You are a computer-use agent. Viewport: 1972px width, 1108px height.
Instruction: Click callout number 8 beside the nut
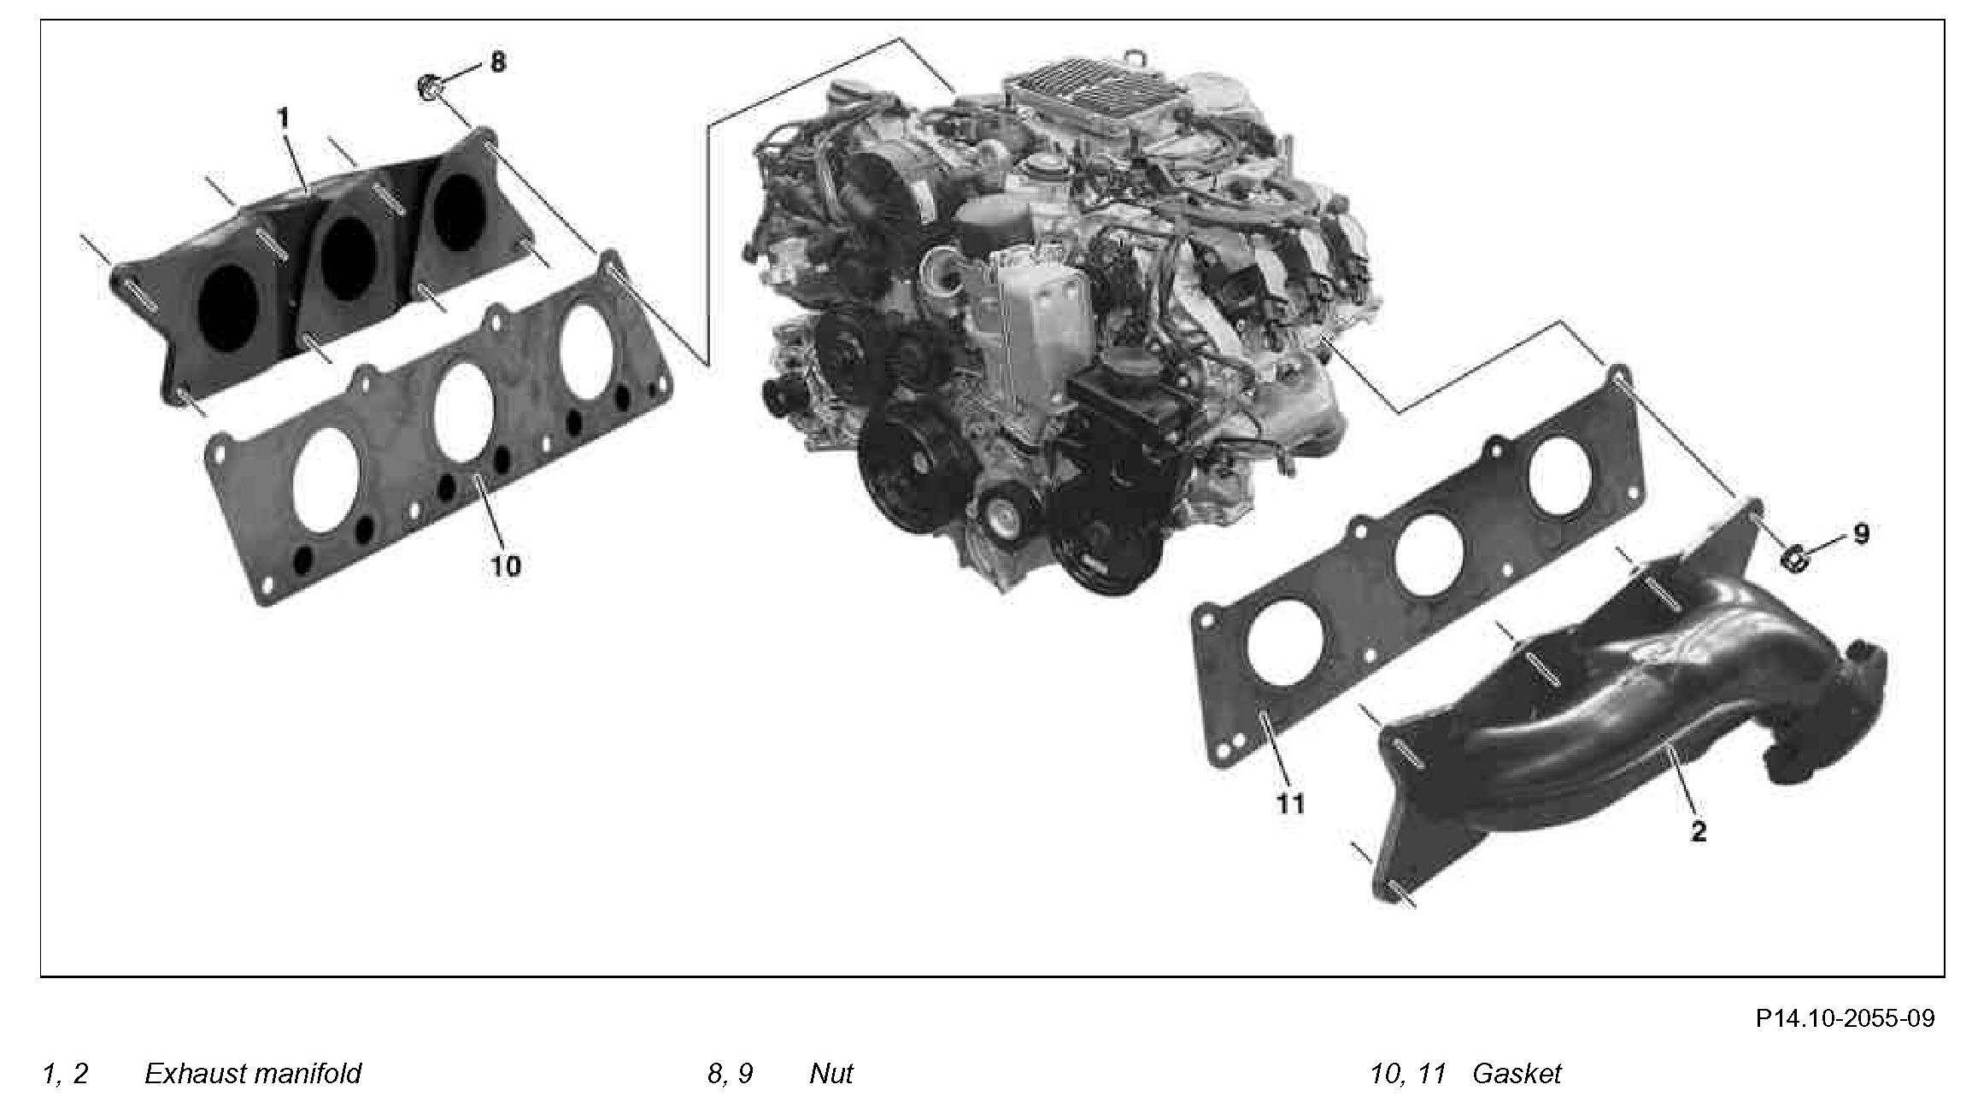(x=496, y=62)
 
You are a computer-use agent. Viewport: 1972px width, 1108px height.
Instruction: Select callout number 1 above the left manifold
(x=285, y=118)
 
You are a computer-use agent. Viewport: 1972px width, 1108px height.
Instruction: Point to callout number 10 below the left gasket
(x=506, y=565)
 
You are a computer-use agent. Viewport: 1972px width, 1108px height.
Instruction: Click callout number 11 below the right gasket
(x=1290, y=804)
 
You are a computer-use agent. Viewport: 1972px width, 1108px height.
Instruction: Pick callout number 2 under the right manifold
(x=1698, y=831)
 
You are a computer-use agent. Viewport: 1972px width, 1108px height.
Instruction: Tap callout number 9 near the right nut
(x=1861, y=534)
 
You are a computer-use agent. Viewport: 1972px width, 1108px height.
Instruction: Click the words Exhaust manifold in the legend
(x=253, y=1073)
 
